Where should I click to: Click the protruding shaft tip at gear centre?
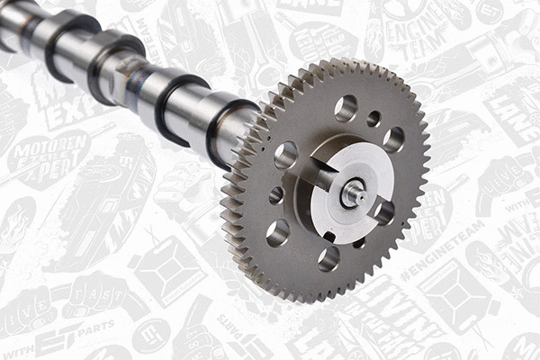point(352,191)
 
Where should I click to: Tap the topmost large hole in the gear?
point(346,108)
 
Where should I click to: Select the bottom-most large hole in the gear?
point(328,259)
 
